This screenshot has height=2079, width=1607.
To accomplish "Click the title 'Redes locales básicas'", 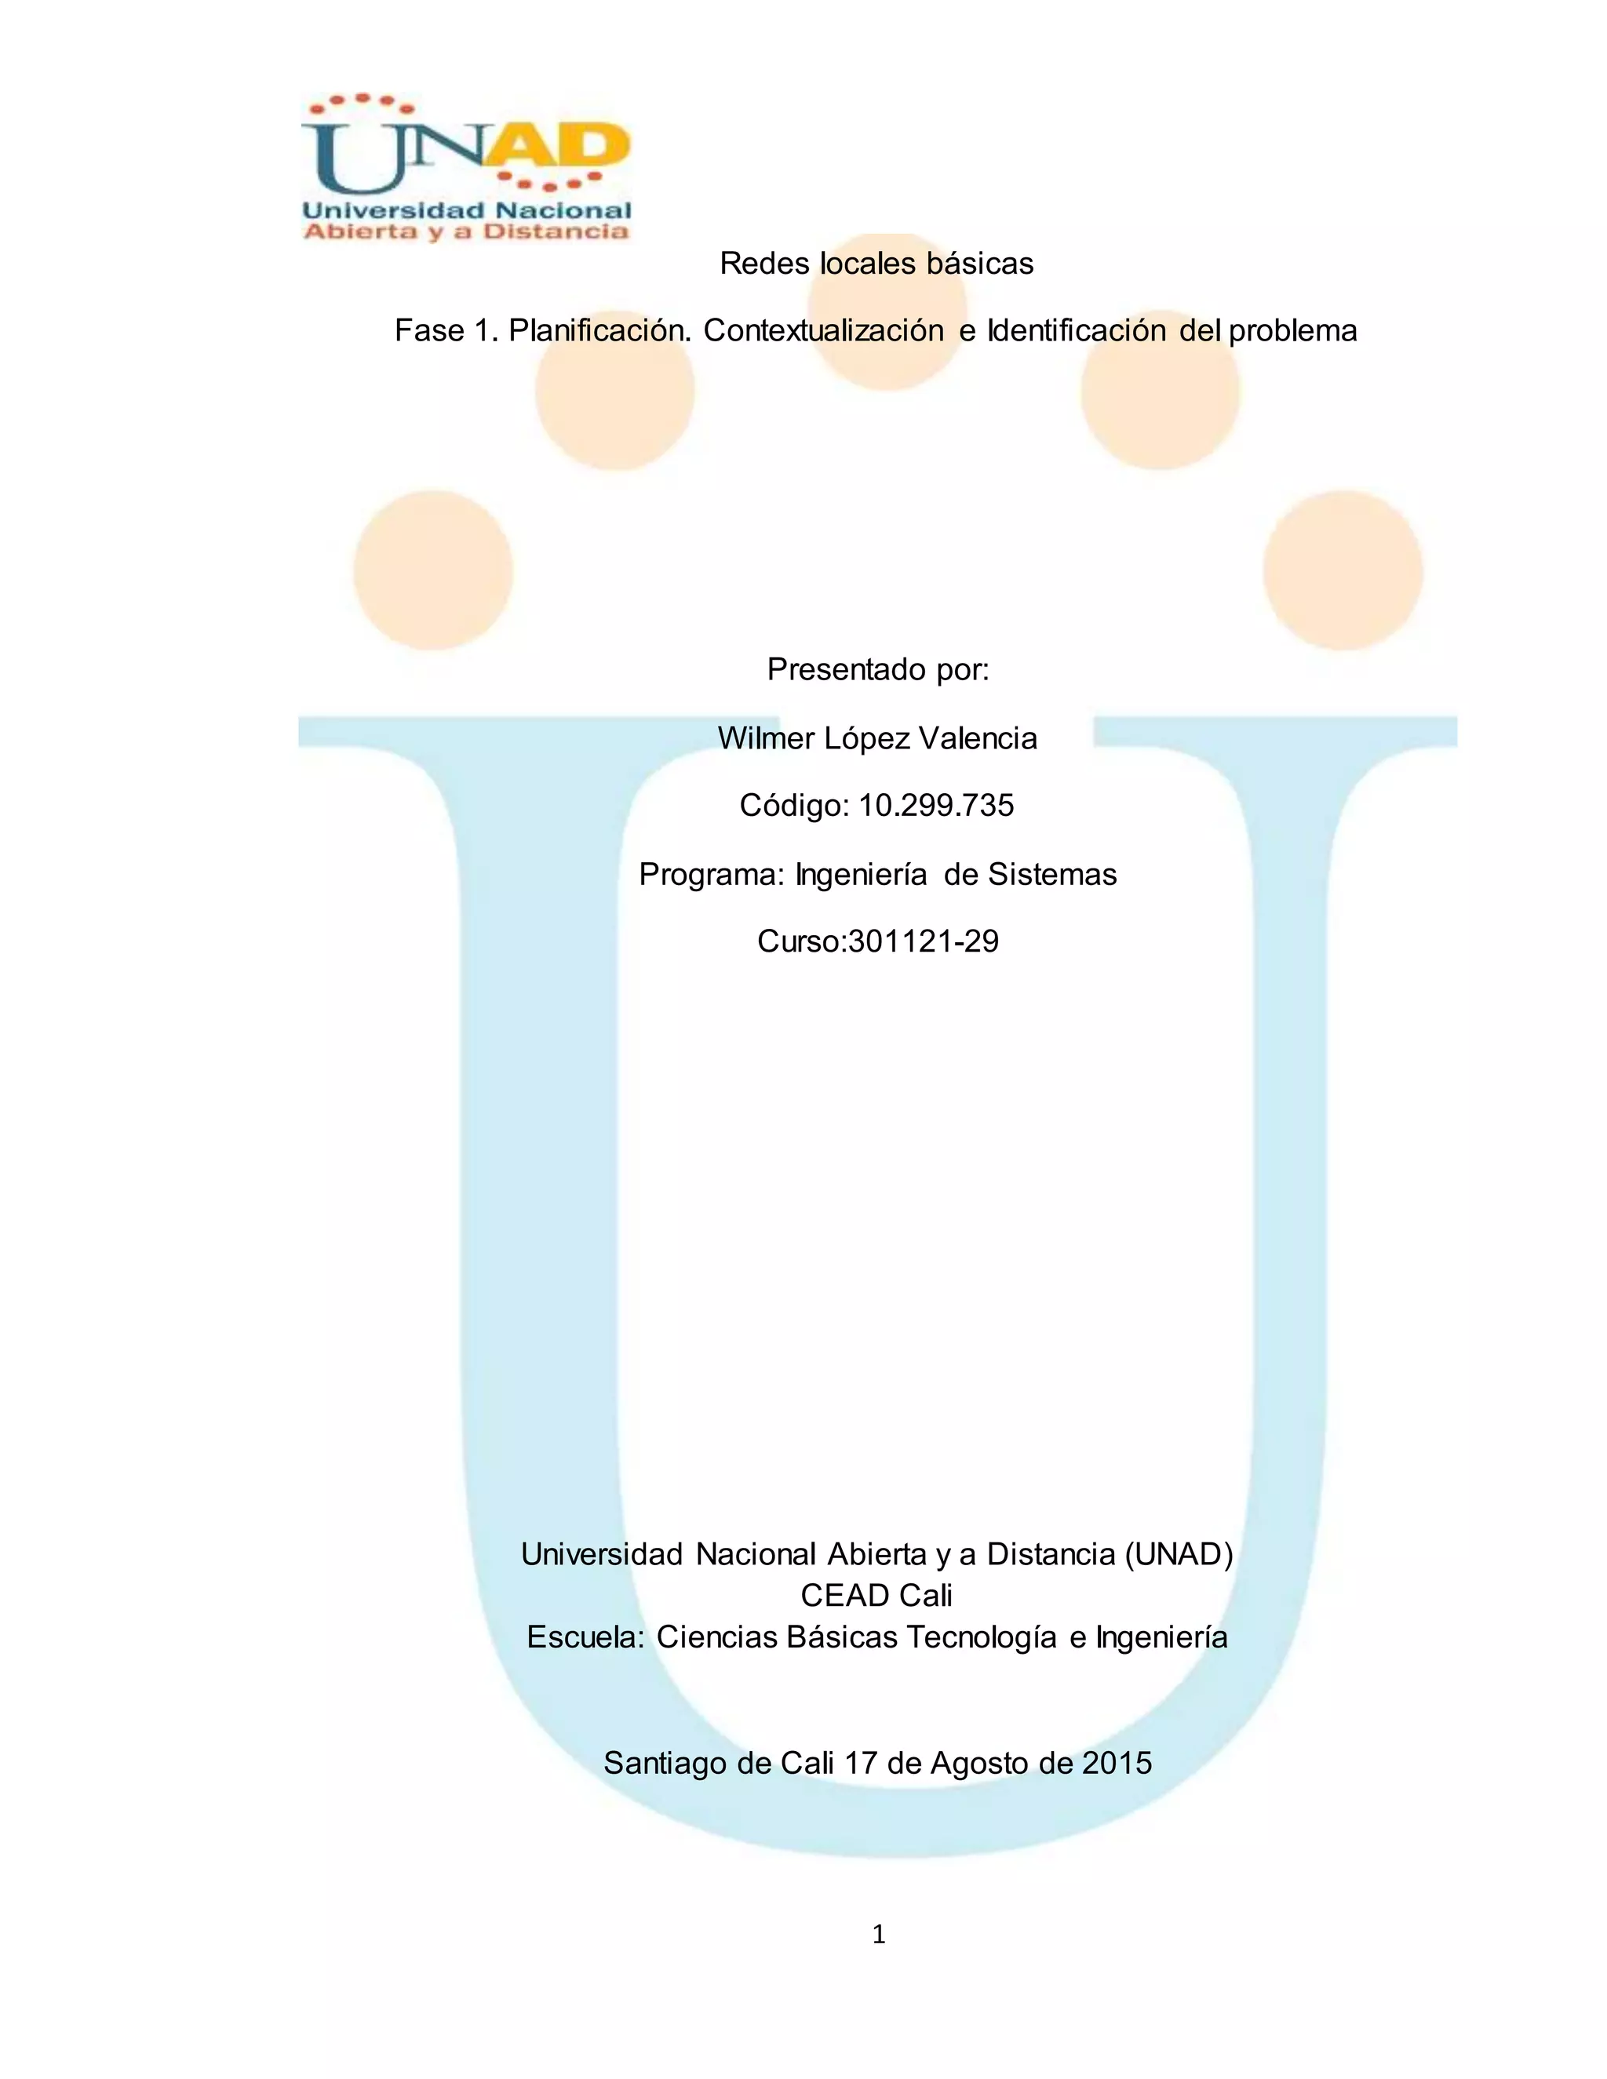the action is click(876, 264).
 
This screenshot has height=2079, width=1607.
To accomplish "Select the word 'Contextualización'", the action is click(823, 331).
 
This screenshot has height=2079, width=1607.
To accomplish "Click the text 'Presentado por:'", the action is click(878, 670).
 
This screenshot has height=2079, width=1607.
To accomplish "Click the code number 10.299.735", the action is click(936, 806).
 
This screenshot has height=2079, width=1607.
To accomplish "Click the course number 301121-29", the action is click(923, 942).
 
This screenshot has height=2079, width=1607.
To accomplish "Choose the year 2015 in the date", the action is click(1117, 1764).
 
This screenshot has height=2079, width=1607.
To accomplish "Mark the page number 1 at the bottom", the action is click(878, 1935).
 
